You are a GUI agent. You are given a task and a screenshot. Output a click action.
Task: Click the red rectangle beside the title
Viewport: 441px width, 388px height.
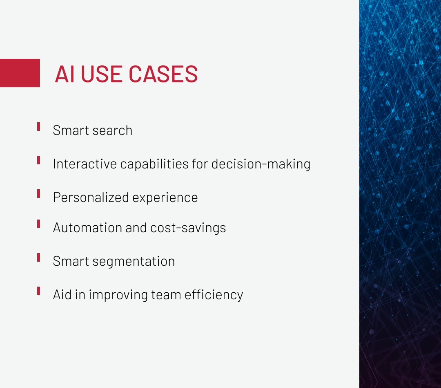click(x=20, y=73)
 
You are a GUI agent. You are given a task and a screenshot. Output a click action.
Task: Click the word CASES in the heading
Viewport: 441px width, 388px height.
click(x=163, y=74)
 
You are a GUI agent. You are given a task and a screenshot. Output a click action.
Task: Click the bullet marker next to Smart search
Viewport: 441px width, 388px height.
click(x=38, y=127)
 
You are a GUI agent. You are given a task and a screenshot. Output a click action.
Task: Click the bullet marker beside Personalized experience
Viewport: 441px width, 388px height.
click(x=38, y=194)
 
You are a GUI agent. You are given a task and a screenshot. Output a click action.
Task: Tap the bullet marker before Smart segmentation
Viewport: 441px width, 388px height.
click(x=38, y=258)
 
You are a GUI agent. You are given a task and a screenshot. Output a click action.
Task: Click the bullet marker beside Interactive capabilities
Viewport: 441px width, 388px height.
click(x=38, y=160)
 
